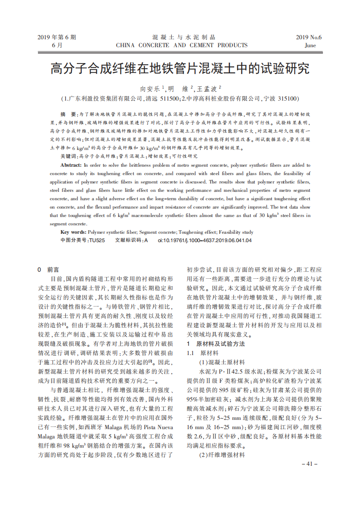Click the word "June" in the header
pos(310,45)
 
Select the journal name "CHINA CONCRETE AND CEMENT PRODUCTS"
pos(181,45)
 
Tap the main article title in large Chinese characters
pos(180,68)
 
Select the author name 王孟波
pos(209,88)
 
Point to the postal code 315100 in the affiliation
pos(288,98)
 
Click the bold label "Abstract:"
pos(71,164)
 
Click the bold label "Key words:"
pos(73,232)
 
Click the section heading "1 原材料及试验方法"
pos(216,344)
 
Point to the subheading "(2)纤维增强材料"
pos(221,455)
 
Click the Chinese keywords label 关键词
pos(69,156)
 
